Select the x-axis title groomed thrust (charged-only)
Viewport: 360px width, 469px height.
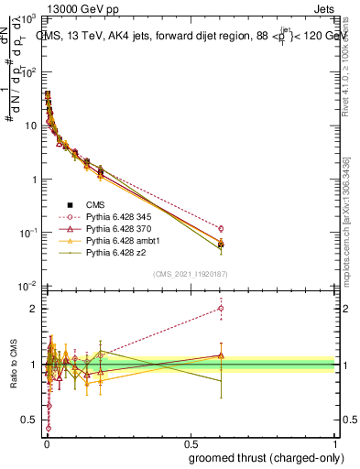(x=267, y=458)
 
